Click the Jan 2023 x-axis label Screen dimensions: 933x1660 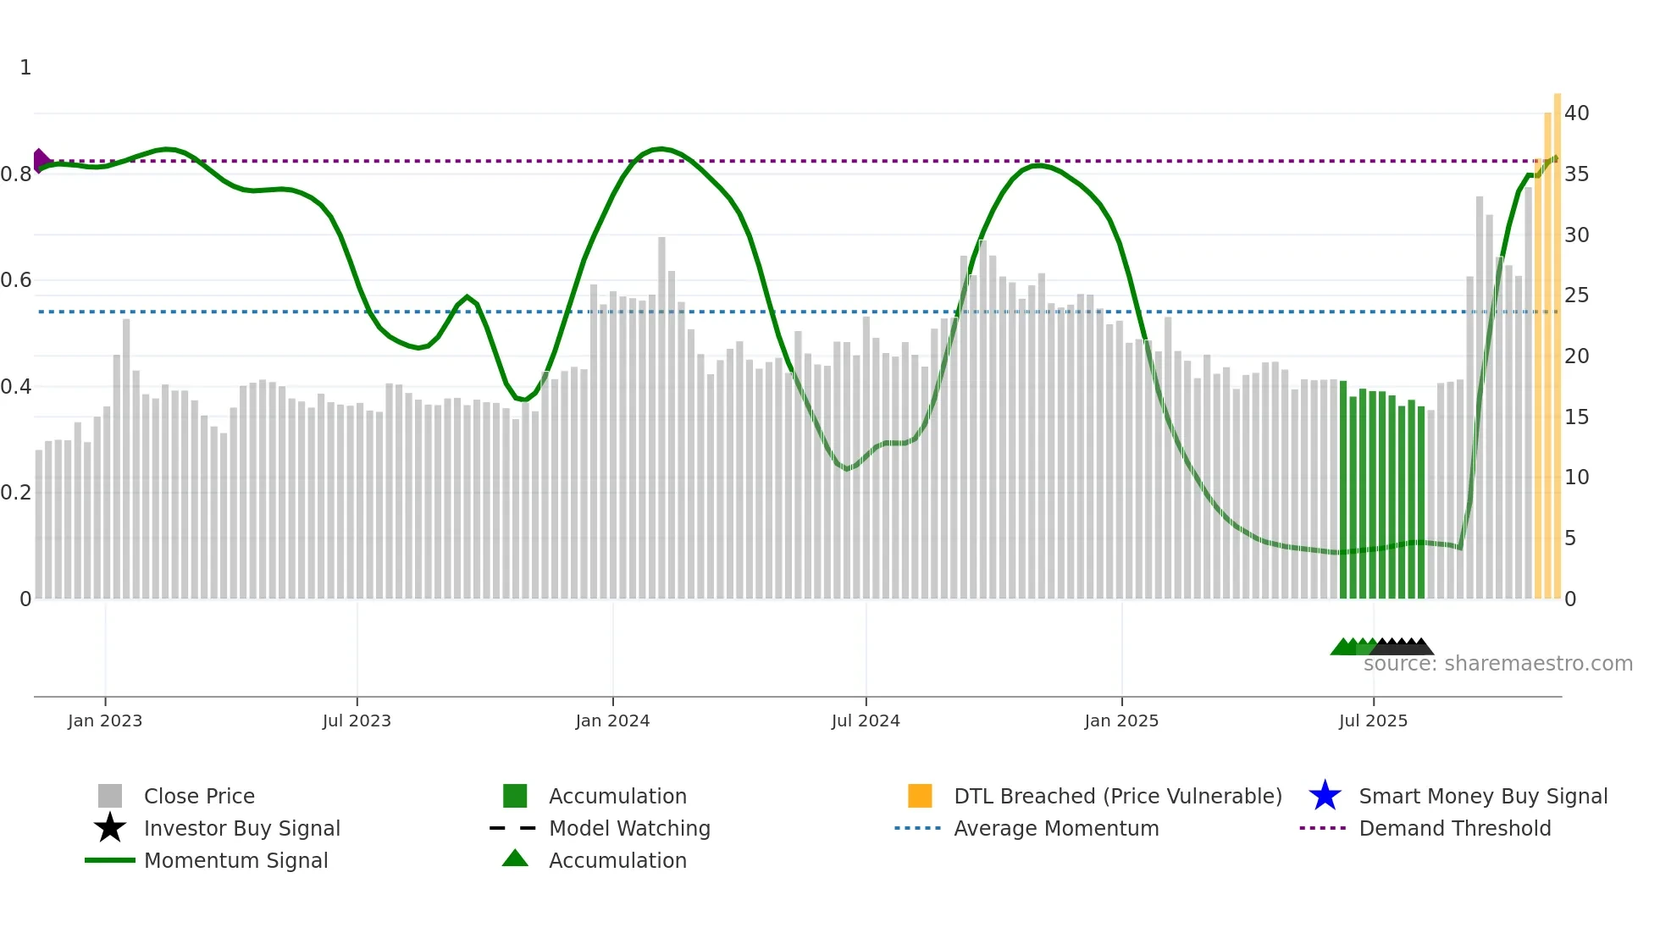coord(105,720)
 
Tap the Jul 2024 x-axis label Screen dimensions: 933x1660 coord(866,720)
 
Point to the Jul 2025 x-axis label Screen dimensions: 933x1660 coord(1373,720)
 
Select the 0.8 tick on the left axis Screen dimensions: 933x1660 coord(16,174)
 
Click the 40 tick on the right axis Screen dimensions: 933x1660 coord(1576,113)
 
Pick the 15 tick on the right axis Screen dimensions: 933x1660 coord(1576,417)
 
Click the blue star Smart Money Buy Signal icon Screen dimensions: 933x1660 coord(1325,796)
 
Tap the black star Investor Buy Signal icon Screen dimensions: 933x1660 coord(110,828)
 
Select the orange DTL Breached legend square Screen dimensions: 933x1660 coord(920,796)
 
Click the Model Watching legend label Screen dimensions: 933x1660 coord(629,828)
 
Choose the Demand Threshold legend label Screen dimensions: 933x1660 coord(1454,828)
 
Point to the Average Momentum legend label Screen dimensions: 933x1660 coord(1056,828)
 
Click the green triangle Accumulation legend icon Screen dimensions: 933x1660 coord(515,858)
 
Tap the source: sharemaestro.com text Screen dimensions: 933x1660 coord(1497,664)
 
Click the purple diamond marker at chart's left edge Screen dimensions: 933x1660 coord(40,160)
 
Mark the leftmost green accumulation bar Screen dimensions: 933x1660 coord(1343,491)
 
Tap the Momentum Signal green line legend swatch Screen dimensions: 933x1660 coord(110,860)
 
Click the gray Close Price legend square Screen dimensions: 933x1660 coord(110,796)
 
